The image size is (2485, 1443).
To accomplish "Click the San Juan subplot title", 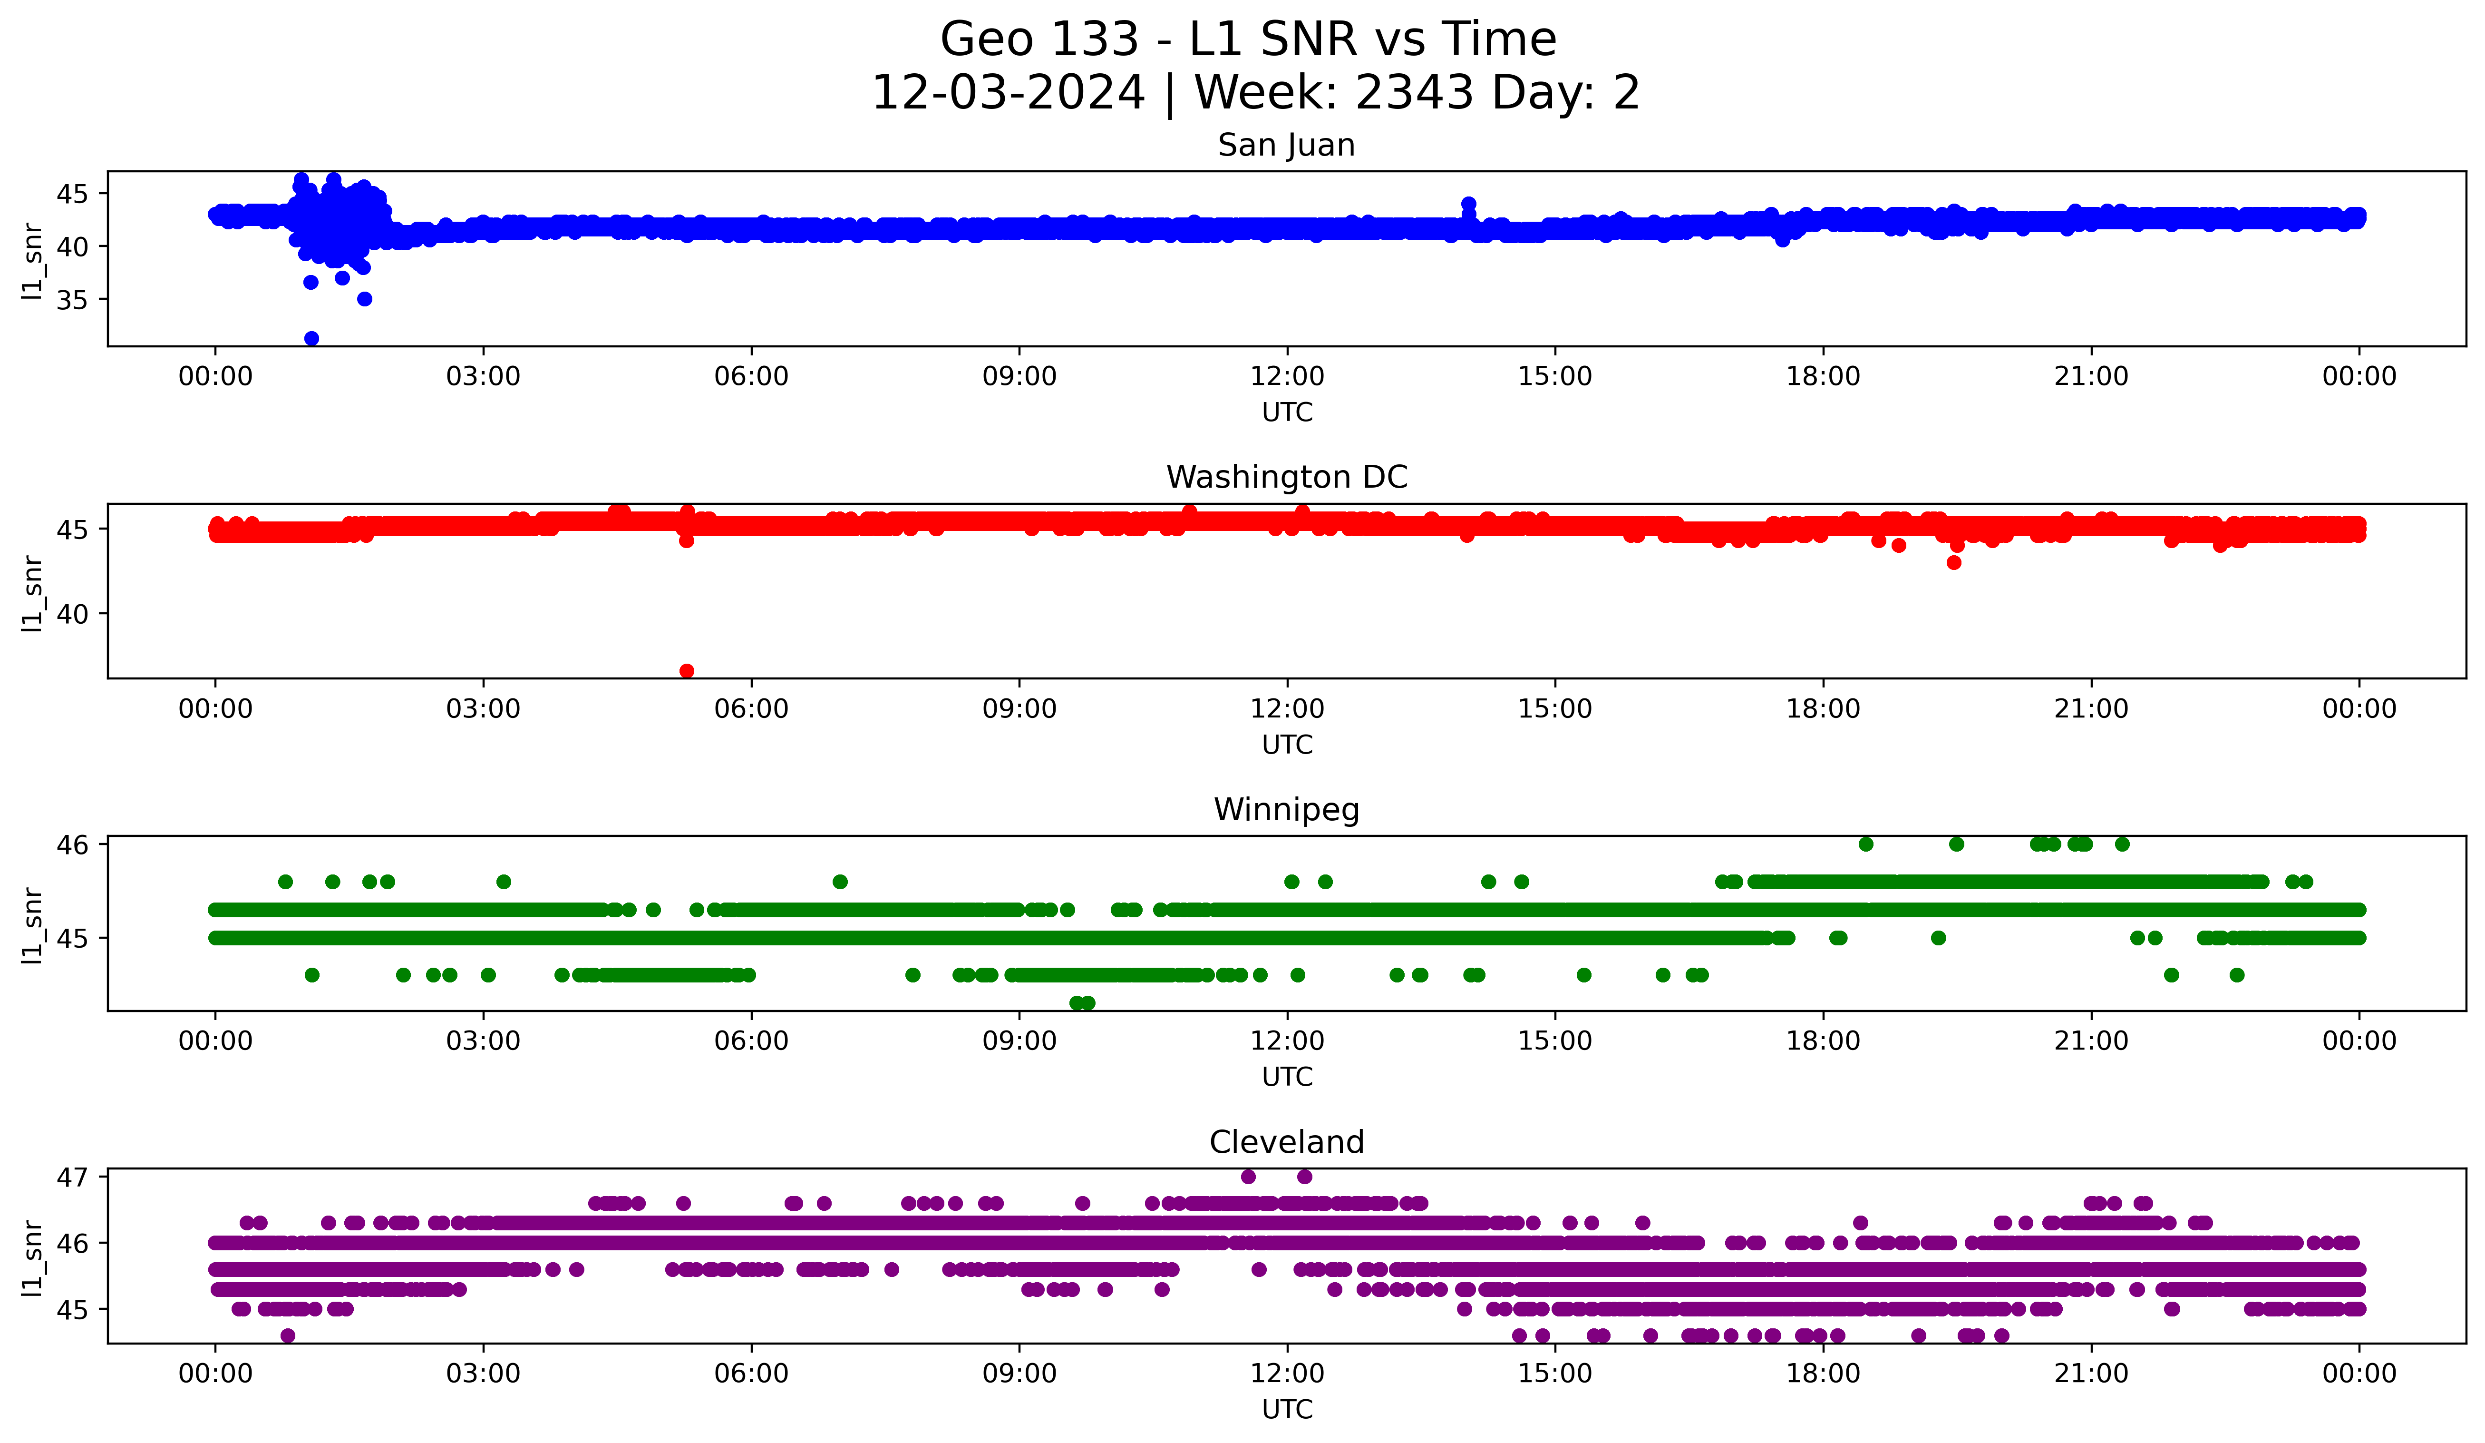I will (x=1286, y=145).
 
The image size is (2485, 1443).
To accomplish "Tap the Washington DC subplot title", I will (x=1286, y=477).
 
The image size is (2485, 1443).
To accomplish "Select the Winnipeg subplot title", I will (x=1286, y=810).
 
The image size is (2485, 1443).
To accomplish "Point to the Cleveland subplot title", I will (x=1286, y=1142).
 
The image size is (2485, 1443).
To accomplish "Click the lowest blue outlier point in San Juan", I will (x=311, y=338).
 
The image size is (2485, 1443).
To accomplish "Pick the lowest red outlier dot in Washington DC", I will (x=687, y=671).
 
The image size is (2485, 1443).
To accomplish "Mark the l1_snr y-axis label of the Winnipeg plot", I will (x=32, y=925).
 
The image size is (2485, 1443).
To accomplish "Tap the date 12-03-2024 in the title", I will (x=1008, y=93).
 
